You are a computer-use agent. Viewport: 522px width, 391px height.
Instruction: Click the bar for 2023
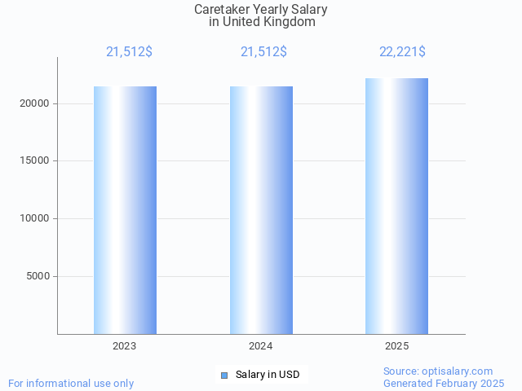coord(125,210)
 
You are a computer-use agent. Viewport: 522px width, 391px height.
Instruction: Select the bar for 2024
coord(261,210)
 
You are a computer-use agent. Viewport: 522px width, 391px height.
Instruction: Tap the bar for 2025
coord(396,206)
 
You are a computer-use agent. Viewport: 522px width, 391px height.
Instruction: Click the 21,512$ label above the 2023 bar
coord(129,52)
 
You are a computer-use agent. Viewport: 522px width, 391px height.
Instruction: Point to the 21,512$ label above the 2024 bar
coord(263,52)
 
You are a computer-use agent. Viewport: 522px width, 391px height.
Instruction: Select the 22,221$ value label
coord(402,52)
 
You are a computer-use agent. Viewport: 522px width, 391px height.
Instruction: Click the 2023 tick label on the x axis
coord(125,346)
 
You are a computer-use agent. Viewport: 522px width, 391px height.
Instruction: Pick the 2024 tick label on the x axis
coord(261,346)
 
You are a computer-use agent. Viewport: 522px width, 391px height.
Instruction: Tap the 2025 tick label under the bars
coord(397,346)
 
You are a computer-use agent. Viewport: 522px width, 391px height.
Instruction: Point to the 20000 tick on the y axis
coord(34,103)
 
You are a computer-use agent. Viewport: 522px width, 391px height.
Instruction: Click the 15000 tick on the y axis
coord(34,160)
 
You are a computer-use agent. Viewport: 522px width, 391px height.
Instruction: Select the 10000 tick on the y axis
coord(34,218)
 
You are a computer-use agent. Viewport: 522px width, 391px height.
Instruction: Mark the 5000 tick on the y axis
coord(37,276)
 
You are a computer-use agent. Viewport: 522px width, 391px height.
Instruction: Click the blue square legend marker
coord(224,375)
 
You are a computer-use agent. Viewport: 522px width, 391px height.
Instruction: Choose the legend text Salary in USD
coord(268,375)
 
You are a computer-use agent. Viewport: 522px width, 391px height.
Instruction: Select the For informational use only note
coord(71,383)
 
